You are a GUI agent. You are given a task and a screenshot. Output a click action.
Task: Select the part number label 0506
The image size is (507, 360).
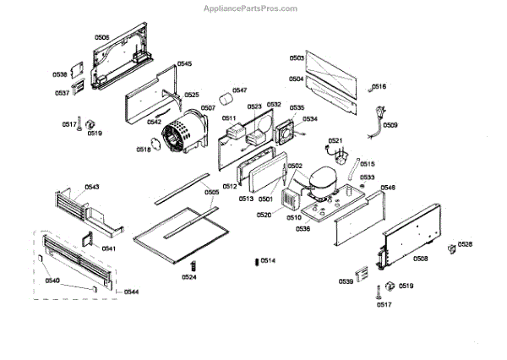click(101, 37)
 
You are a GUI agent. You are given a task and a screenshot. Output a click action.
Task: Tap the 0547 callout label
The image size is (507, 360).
click(239, 90)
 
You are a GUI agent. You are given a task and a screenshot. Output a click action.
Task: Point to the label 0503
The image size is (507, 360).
click(297, 58)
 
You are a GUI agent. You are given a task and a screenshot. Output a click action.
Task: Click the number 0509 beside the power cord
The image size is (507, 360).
click(390, 125)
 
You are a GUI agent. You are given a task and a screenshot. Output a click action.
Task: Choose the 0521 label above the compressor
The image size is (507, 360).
click(335, 140)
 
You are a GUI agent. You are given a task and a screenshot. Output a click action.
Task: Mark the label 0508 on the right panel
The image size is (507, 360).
click(420, 258)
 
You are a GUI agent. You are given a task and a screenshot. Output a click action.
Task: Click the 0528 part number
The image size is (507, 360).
click(465, 245)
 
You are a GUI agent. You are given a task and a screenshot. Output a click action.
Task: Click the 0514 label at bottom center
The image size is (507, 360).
click(268, 260)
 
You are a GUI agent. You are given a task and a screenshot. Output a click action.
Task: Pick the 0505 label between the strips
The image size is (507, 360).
click(211, 192)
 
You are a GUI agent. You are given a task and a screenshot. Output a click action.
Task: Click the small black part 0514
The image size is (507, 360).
click(255, 261)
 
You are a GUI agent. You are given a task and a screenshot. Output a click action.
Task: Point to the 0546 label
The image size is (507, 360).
click(388, 187)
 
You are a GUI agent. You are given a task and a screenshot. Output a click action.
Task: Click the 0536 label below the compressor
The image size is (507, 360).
click(302, 228)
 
